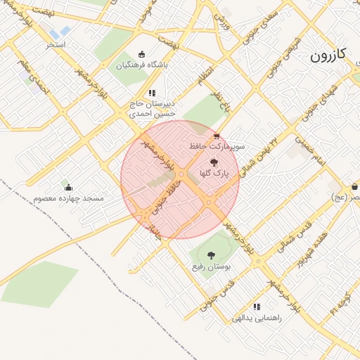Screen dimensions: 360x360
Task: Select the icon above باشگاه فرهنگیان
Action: pyautogui.click(x=142, y=54)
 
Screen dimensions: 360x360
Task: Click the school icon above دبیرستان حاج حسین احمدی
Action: pyautogui.click(x=151, y=93)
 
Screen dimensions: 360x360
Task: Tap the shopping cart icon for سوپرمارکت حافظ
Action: pyautogui.click(x=216, y=136)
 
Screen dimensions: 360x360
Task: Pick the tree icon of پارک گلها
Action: pyautogui.click(x=214, y=162)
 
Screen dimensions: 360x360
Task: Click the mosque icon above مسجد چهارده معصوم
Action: pyautogui.click(x=68, y=187)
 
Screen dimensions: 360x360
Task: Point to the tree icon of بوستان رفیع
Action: pyautogui.click(x=211, y=255)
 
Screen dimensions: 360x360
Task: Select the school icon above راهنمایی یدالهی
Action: pyautogui.click(x=257, y=307)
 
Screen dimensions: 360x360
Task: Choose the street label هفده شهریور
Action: pyautogui.click(x=311, y=249)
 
